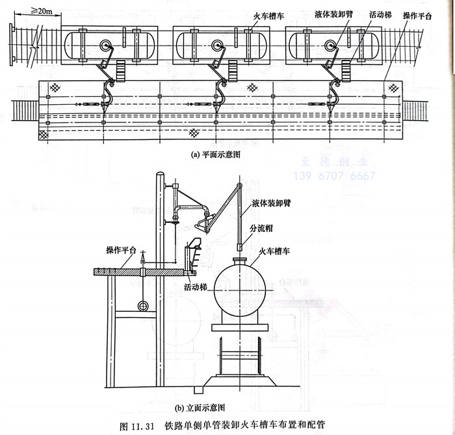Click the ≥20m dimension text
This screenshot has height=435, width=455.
pyautogui.click(x=40, y=11)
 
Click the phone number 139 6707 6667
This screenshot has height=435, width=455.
pyautogui.click(x=335, y=176)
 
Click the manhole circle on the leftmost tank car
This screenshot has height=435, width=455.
pyautogui.click(x=106, y=44)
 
